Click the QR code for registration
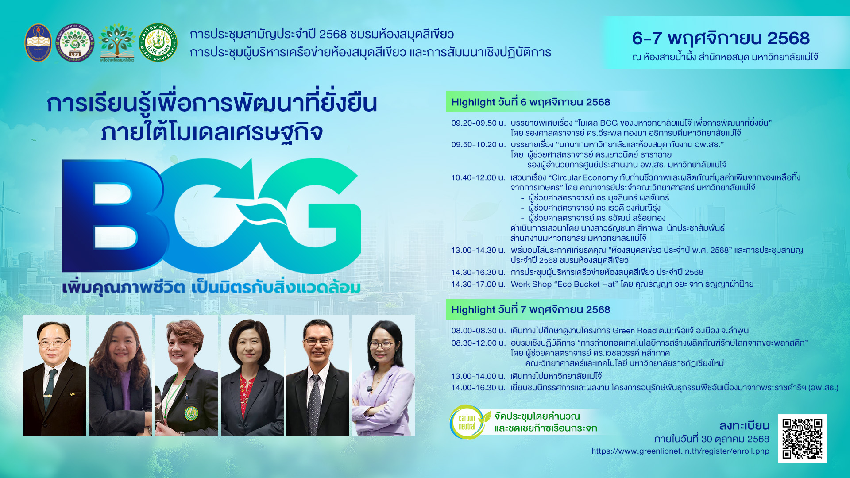click(802, 439)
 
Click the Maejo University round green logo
click(158, 42)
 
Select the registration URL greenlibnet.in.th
click(680, 451)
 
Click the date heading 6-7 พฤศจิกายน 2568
click(721, 38)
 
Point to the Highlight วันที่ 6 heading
click(530, 102)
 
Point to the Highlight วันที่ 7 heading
click(530, 310)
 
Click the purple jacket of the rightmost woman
click(383, 398)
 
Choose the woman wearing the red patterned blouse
click(252, 375)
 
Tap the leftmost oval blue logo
click(38, 42)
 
